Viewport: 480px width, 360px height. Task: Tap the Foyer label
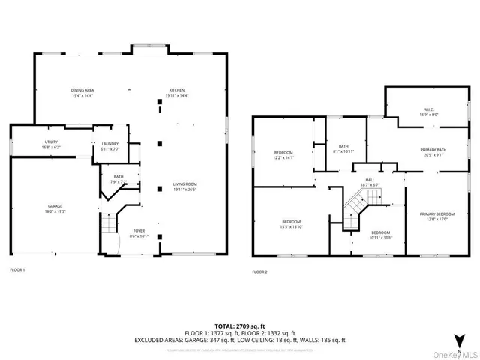coord(139,233)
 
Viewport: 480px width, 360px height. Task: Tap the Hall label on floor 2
coord(370,182)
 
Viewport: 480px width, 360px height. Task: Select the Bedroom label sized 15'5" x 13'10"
coord(292,224)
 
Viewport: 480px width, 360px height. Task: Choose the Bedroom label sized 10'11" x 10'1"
coord(381,235)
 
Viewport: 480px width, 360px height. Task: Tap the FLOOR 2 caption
coord(259,271)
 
